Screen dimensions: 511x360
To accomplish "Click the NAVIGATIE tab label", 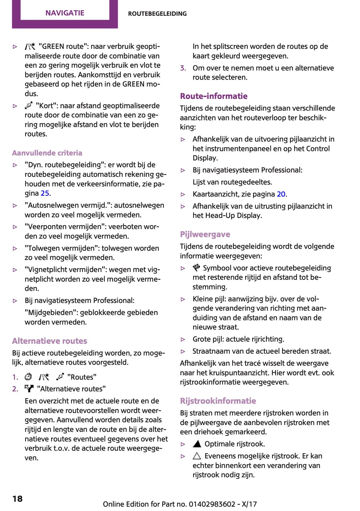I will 65,13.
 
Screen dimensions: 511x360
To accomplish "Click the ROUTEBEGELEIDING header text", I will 157,14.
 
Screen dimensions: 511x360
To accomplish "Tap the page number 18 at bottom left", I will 18,499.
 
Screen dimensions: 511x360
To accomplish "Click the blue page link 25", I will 45,193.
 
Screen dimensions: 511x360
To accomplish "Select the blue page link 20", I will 281,194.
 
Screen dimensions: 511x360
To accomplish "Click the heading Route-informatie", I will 214,96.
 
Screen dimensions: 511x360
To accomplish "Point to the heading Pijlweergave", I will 205,234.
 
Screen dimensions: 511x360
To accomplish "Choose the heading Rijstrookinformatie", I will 218,401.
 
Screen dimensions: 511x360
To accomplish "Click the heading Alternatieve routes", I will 49,341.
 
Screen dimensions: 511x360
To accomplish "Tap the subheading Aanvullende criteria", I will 47,153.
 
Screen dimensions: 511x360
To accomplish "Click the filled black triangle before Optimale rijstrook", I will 197,444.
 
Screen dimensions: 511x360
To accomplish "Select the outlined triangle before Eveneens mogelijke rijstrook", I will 197,456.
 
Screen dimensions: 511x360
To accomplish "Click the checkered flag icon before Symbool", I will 197,268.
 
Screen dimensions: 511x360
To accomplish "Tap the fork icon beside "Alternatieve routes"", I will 29,389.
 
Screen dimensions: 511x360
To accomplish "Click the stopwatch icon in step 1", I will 28,377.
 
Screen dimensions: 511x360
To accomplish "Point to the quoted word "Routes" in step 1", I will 82,377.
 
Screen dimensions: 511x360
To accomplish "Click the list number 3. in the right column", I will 183,68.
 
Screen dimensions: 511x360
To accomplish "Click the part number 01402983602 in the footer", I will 212,504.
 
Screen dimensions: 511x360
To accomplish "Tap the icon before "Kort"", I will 29,106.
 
